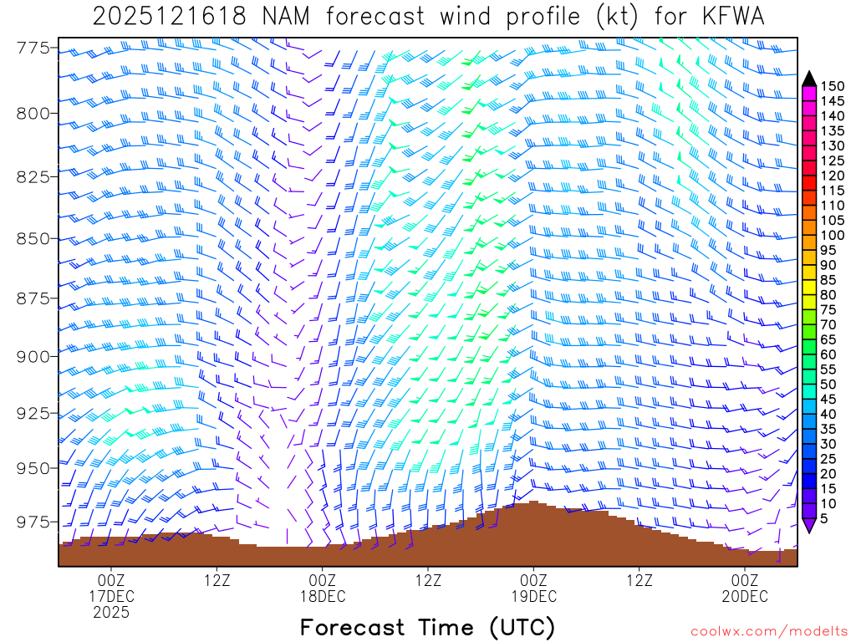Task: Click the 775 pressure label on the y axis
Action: (33, 48)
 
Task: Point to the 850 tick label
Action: (33, 239)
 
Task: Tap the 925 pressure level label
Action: (33, 413)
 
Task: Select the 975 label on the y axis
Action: (33, 522)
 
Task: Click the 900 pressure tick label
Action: (33, 357)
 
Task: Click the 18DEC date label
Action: (322, 597)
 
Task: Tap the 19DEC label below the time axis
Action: (533, 597)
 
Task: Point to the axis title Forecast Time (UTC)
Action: (427, 627)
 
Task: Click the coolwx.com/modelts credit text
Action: (769, 629)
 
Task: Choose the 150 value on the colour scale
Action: (833, 86)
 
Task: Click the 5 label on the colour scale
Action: (824, 518)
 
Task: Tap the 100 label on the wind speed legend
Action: (833, 235)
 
